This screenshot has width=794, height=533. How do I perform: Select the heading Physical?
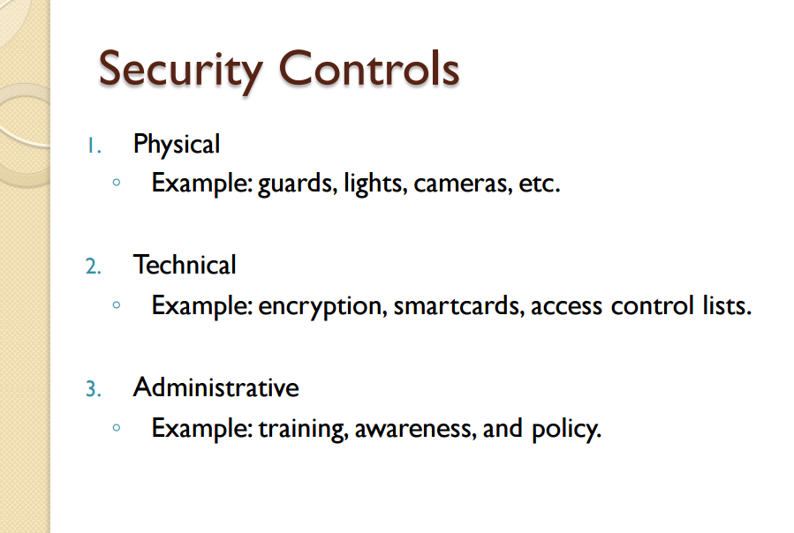pyautogui.click(x=177, y=143)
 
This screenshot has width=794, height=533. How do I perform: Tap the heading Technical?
pyautogui.click(x=185, y=265)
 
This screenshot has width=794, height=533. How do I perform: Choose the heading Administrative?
pyautogui.click(x=216, y=387)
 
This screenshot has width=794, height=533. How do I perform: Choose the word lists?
pyautogui.click(x=727, y=306)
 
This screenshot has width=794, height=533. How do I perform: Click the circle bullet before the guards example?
pyautogui.click(x=117, y=184)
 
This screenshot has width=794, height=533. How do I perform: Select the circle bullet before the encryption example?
pyautogui.click(x=117, y=306)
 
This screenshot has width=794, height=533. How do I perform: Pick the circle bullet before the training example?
pyautogui.click(x=117, y=429)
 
